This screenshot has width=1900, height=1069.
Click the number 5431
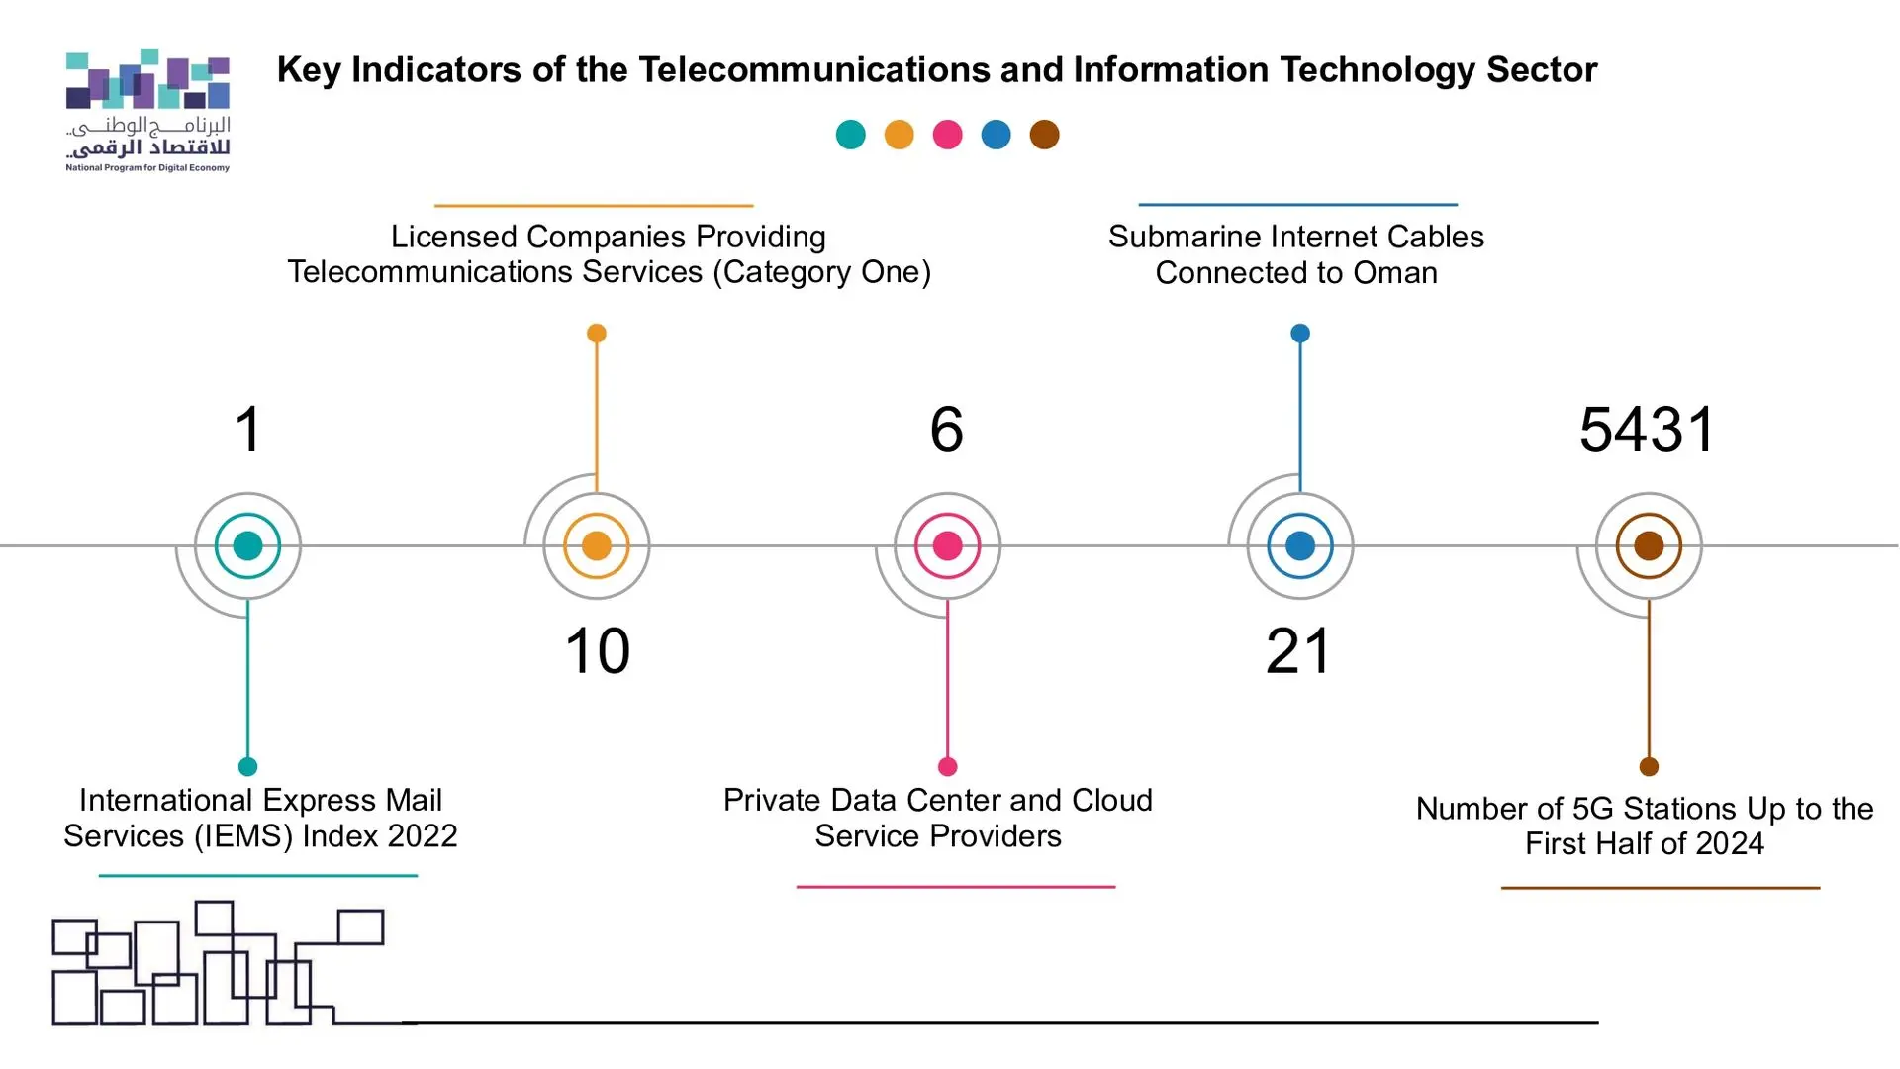pyautogui.click(x=1648, y=430)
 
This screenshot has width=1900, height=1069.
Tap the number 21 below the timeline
pyautogui.click(x=1298, y=651)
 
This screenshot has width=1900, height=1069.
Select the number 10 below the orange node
pyautogui.click(x=597, y=651)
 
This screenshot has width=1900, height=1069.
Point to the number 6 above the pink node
pyautogui.click(x=947, y=430)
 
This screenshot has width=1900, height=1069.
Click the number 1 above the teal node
pyautogui.click(x=248, y=430)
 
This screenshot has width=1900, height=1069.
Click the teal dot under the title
pyautogui.click(x=850, y=135)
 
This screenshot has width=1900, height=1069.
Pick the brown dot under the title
pyautogui.click(x=1044, y=135)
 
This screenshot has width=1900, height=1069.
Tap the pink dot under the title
pyautogui.click(x=947, y=135)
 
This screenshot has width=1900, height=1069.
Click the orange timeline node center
pyautogui.click(x=597, y=545)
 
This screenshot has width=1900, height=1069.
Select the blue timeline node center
pyautogui.click(x=1300, y=545)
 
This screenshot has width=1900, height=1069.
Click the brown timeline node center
pyautogui.click(x=1649, y=545)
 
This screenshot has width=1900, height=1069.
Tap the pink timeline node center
pyautogui.click(x=947, y=545)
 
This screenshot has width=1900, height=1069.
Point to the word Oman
pyautogui.click(x=1395, y=272)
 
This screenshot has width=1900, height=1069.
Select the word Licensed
pyautogui.click(x=454, y=237)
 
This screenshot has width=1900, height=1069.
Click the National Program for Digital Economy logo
pyautogui.click(x=147, y=109)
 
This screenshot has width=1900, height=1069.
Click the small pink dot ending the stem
pyautogui.click(x=947, y=766)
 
